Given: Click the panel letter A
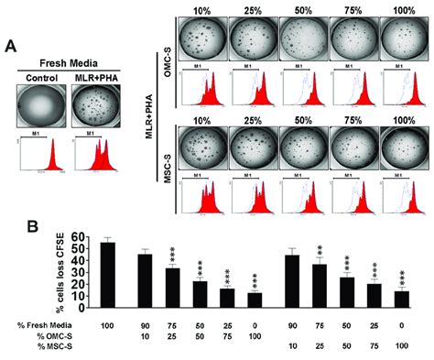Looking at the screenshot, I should point(11,45).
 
